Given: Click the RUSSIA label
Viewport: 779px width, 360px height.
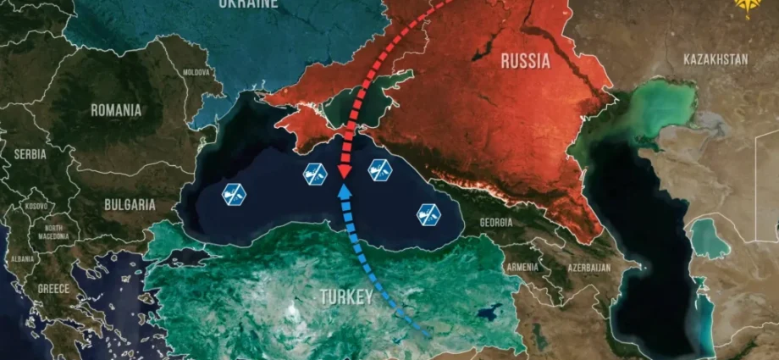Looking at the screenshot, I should pos(525,61).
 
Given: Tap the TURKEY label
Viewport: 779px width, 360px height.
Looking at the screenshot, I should pos(345,297).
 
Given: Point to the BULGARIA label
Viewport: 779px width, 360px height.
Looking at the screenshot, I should pos(130,204).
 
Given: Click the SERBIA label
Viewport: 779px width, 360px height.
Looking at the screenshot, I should pos(30,154).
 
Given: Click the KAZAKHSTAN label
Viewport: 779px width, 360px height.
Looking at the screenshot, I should pos(715,59).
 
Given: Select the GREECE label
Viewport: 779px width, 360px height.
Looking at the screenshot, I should pos(53,288).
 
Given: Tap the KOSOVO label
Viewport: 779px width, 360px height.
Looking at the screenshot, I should pos(36,206).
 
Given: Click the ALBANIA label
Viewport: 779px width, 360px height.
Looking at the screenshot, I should pos(23,258).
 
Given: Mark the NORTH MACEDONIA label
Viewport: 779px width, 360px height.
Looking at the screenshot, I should pos(54,233).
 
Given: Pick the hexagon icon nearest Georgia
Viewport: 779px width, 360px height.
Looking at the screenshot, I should pos(428,214).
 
